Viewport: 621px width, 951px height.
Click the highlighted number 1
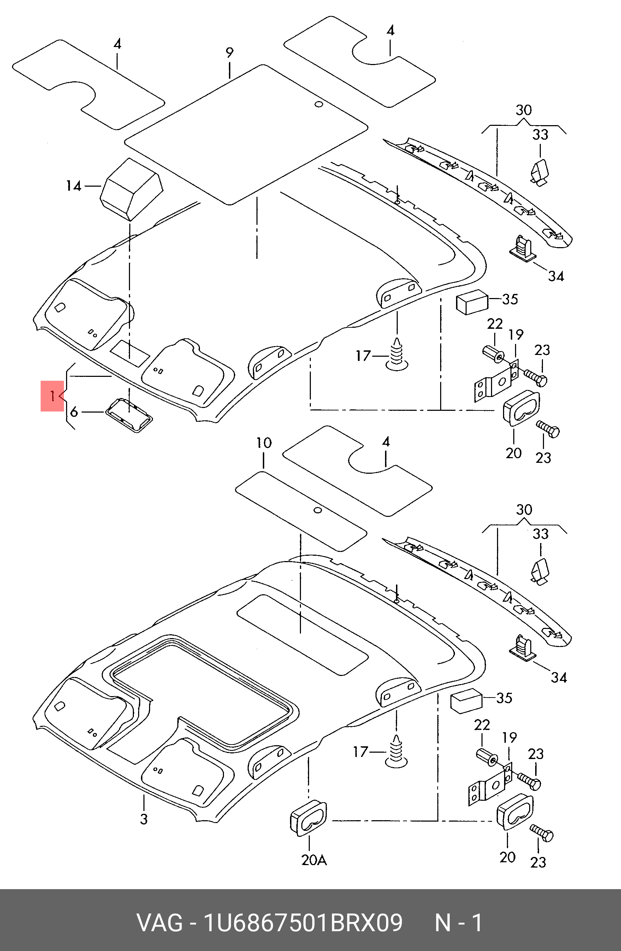coord(52,396)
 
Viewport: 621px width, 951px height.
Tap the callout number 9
coord(229,52)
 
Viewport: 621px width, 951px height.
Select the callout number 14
coord(73,186)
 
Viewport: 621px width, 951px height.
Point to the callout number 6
coord(74,412)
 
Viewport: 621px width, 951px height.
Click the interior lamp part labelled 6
coord(129,414)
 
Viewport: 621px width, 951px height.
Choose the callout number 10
coord(264,443)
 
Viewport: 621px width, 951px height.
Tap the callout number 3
coord(144,819)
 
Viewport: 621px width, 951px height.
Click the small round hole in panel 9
coord(318,104)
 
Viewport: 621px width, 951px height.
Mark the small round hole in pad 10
coord(318,510)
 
